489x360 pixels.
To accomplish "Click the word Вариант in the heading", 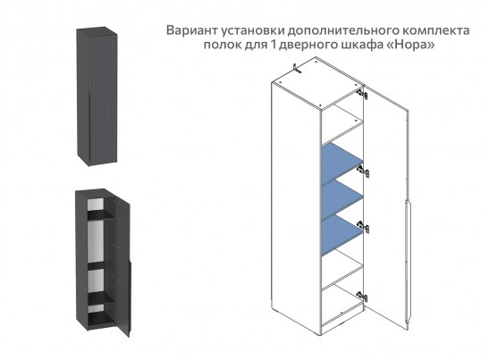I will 195,29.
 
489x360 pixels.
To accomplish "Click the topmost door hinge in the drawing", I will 362,92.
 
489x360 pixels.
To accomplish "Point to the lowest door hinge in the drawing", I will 361,295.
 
